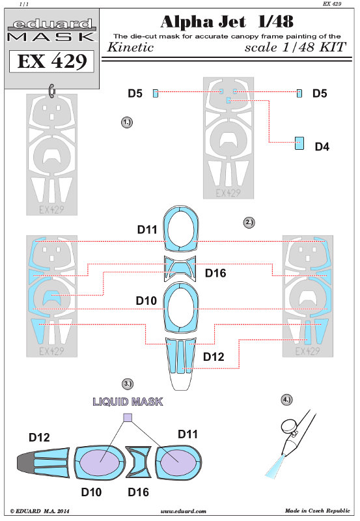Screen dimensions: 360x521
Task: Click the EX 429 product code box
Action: pyautogui.click(x=51, y=61)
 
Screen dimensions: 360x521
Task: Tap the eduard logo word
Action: pyautogui.click(x=52, y=24)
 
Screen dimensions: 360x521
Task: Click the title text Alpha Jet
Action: pyautogui.click(x=203, y=22)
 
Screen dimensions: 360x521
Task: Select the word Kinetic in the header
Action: pyautogui.click(x=130, y=47)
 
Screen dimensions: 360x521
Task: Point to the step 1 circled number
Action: pyautogui.click(x=127, y=122)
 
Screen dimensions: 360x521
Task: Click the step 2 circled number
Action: pyautogui.click(x=249, y=222)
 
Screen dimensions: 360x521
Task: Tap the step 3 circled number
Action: pyautogui.click(x=128, y=384)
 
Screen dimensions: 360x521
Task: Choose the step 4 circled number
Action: pyautogui.click(x=286, y=399)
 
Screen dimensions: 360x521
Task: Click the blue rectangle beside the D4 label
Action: pyautogui.click(x=299, y=143)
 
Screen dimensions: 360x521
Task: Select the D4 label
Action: pyautogui.click(x=322, y=147)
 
